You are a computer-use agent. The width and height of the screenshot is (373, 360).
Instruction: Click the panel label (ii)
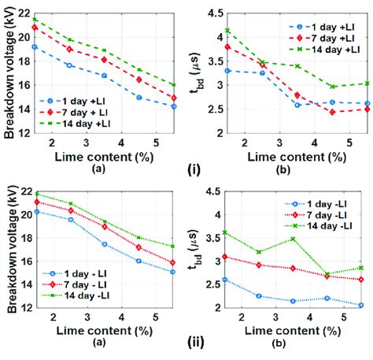(195, 343)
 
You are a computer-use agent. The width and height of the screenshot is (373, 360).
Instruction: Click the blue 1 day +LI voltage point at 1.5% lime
(34, 47)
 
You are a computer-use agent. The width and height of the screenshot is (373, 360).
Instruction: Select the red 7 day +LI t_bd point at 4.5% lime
(333, 112)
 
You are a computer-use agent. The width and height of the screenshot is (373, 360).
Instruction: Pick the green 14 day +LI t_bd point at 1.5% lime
(227, 31)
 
